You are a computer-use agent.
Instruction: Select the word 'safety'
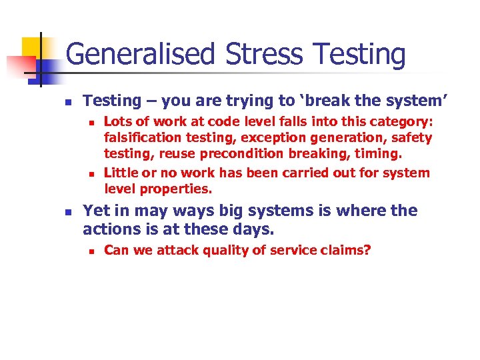tap(412, 139)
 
